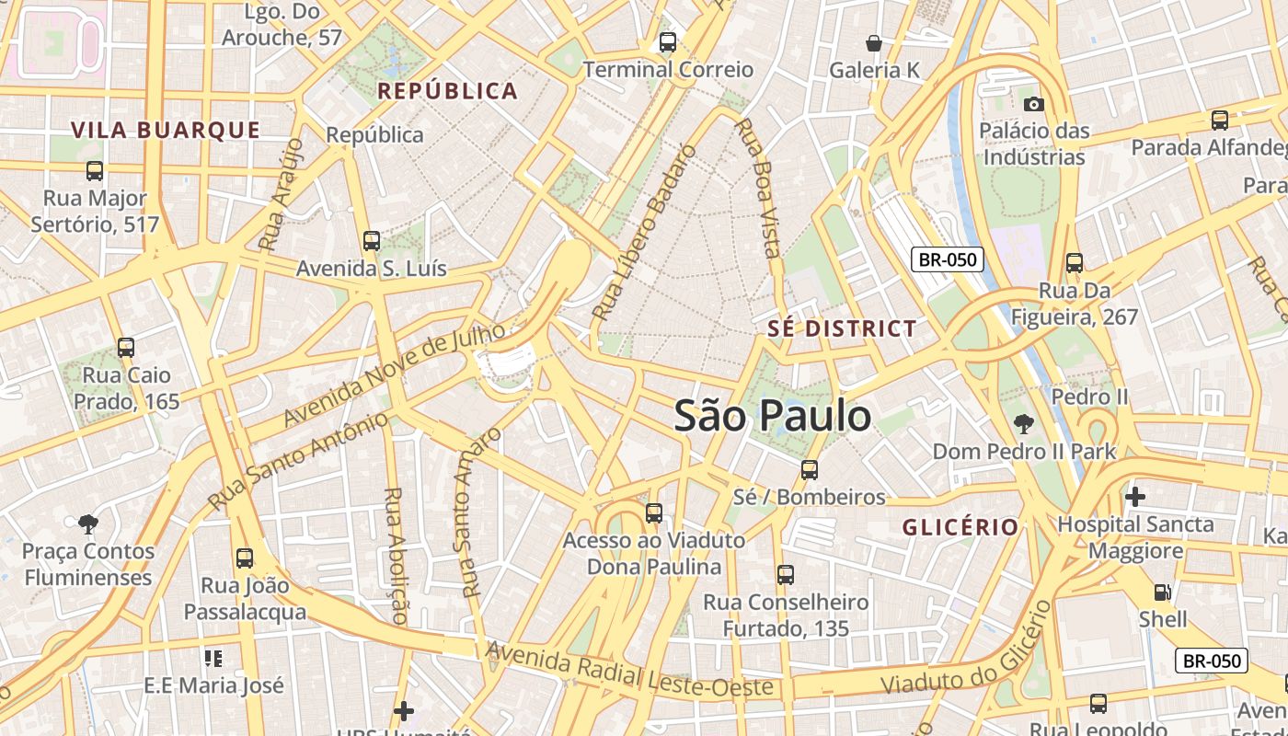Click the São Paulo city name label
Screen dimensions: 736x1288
pyautogui.click(x=773, y=416)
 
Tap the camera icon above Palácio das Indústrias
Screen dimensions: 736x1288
pyautogui.click(x=1034, y=104)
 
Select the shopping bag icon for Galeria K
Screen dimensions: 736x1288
pyautogui.click(x=874, y=43)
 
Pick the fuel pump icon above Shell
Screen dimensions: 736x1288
pyautogui.click(x=1163, y=592)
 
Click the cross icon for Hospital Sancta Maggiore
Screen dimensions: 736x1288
pyautogui.click(x=1135, y=497)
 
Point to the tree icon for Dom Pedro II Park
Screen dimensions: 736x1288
pyautogui.click(x=1023, y=424)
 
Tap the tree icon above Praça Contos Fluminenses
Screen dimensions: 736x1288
pyautogui.click(x=88, y=524)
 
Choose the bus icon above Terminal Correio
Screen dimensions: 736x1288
pyautogui.click(x=668, y=42)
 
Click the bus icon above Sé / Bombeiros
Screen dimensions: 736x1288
pyautogui.click(x=810, y=470)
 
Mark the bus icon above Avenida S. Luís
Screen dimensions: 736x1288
pyautogui.click(x=372, y=241)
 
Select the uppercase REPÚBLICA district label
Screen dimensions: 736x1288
pyautogui.click(x=448, y=91)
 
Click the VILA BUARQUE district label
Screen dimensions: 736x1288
pyautogui.click(x=167, y=130)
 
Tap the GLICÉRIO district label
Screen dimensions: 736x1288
pyautogui.click(x=960, y=527)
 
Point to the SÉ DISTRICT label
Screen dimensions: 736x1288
pyautogui.click(x=843, y=328)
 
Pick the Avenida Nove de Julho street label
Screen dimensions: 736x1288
pyautogui.click(x=395, y=374)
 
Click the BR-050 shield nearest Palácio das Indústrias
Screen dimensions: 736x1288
pyautogui.click(x=948, y=259)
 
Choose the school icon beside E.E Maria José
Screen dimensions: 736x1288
pyautogui.click(x=213, y=659)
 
